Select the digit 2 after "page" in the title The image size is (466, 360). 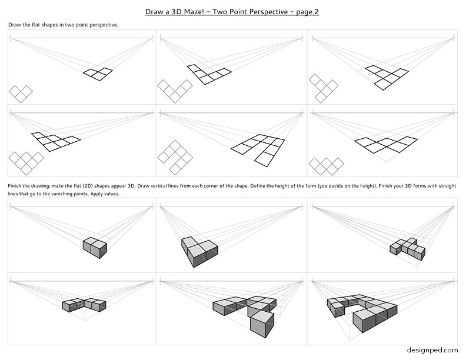316,12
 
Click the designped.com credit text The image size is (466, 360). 432,350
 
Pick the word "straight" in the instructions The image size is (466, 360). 447,186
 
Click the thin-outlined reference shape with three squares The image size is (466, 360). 21,94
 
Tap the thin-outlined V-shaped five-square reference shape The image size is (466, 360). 175,91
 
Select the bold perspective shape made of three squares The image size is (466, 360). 98,74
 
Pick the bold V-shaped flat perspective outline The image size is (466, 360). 209,74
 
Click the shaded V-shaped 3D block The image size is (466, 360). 199,252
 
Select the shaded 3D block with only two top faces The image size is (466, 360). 95,248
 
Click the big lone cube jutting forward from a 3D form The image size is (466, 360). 262,325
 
